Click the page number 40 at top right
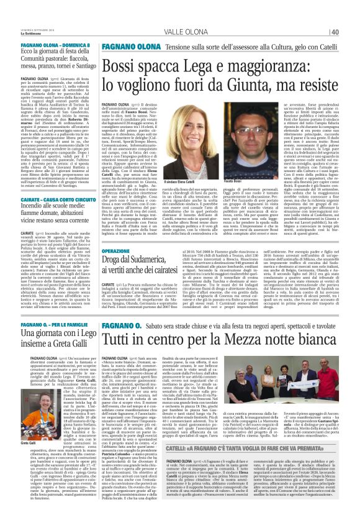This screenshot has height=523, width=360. (x=351, y=15)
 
